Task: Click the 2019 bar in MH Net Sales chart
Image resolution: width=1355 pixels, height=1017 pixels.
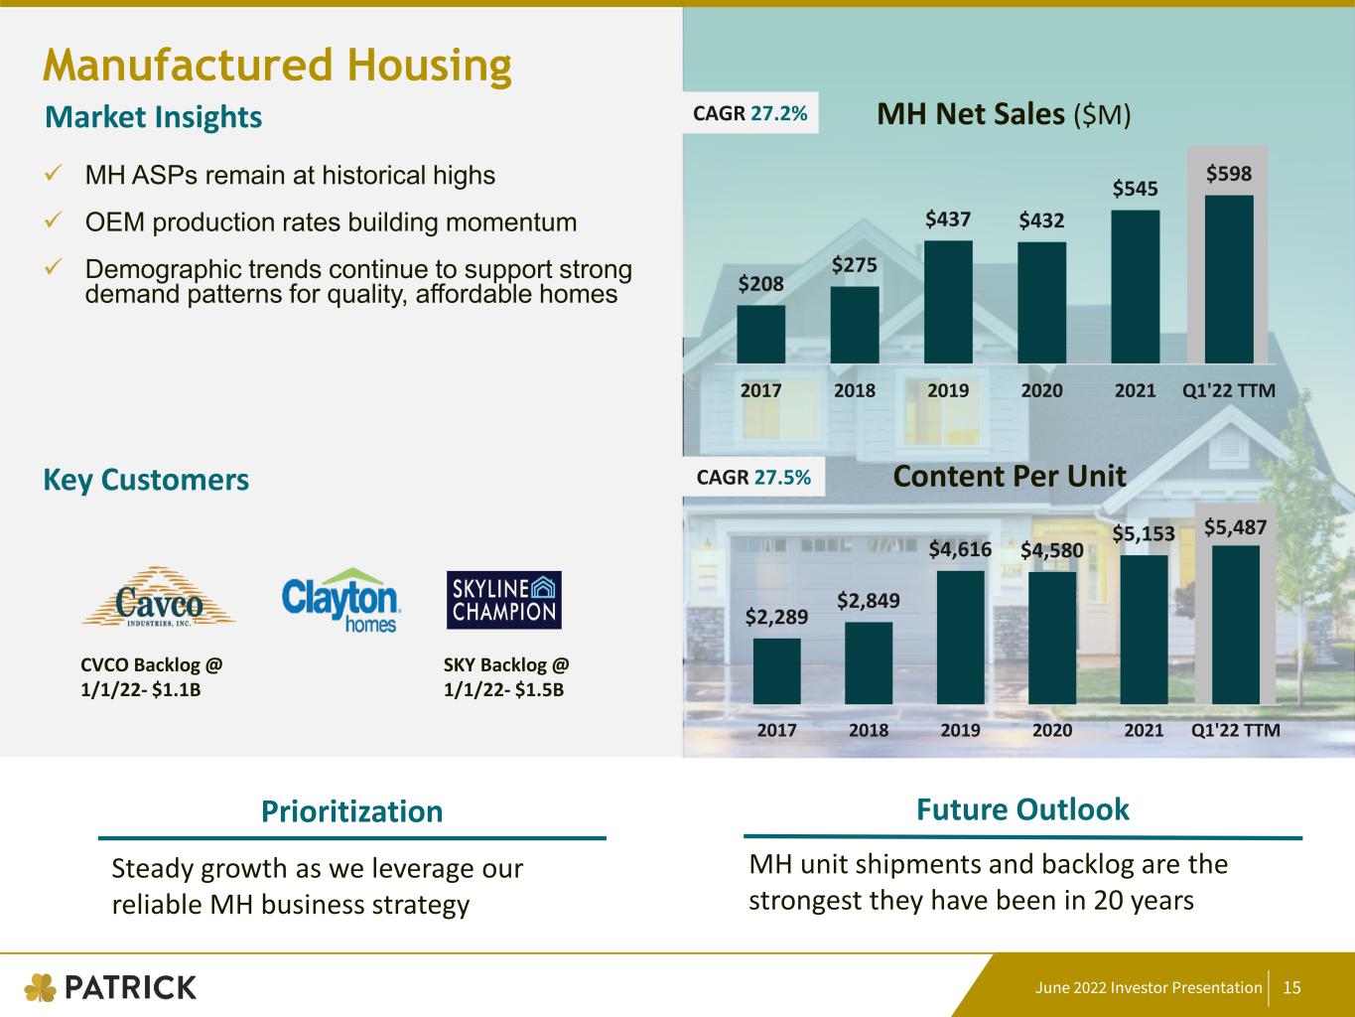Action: tap(948, 302)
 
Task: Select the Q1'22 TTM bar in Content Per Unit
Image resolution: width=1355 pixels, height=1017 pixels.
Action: tap(1236, 625)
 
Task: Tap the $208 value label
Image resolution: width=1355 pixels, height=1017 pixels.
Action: tap(760, 284)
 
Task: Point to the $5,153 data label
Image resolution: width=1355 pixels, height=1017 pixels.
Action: tap(1143, 534)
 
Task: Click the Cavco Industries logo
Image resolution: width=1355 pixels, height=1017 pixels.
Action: tap(158, 598)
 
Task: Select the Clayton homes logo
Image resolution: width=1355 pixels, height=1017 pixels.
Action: tap(340, 600)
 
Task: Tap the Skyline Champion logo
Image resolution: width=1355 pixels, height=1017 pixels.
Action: tap(503, 600)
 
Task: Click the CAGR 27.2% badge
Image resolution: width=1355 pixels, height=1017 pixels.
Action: tap(750, 113)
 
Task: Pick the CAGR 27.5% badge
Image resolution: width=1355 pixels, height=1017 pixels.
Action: tap(753, 477)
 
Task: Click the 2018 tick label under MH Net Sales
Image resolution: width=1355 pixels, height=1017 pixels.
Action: tap(855, 390)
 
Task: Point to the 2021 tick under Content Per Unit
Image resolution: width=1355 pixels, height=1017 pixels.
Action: tap(1144, 730)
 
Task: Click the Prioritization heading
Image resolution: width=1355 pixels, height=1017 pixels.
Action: tap(351, 811)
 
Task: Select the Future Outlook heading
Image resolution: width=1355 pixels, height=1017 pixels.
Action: tap(1022, 809)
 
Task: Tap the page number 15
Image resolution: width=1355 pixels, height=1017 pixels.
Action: tap(1291, 987)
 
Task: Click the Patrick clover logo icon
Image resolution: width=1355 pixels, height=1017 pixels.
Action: tap(41, 987)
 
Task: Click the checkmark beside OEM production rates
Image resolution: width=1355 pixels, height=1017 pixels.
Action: tap(56, 220)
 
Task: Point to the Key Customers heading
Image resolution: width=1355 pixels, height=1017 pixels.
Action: tap(146, 480)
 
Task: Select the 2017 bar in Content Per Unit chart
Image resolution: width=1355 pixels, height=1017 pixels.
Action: tap(776, 671)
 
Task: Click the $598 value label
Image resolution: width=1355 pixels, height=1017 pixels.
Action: tap(1229, 174)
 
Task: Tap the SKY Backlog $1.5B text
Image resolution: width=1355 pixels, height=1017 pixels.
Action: tap(506, 676)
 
